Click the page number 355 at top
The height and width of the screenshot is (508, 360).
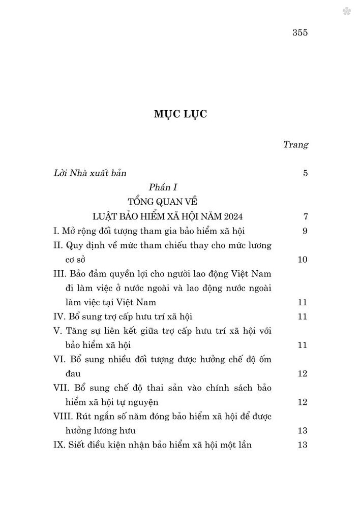[x=301, y=34]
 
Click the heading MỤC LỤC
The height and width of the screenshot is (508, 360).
[x=180, y=115]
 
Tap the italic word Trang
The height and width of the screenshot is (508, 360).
[x=295, y=145]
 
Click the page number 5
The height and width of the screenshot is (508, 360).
[x=305, y=173]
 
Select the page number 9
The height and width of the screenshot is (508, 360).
[x=305, y=231]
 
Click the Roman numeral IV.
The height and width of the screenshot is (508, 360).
[x=59, y=317]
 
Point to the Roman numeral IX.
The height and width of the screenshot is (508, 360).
[x=59, y=445]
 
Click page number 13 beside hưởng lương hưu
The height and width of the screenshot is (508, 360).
[x=302, y=431]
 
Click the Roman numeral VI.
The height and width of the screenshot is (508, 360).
[x=60, y=360]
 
